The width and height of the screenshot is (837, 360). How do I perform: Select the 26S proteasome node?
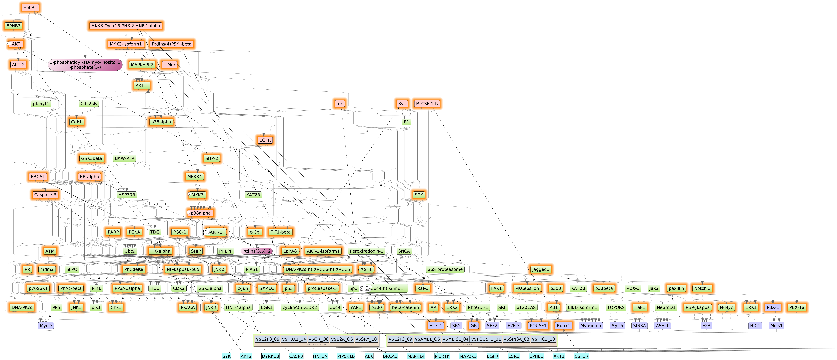click(445, 269)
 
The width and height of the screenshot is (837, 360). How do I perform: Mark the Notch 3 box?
click(702, 288)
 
